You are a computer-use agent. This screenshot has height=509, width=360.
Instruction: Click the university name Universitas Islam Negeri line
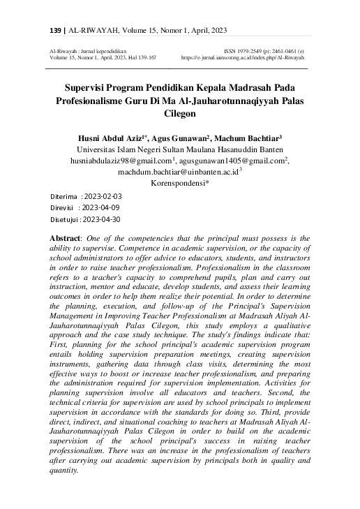point(180,149)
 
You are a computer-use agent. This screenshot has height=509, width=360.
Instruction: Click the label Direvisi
point(64,207)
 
